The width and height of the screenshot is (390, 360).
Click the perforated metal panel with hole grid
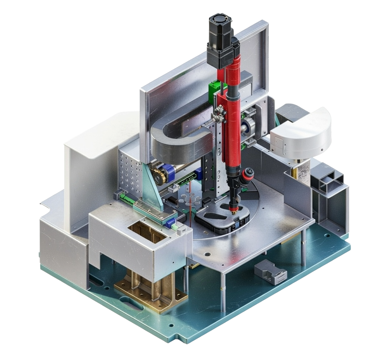point(129,170)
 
